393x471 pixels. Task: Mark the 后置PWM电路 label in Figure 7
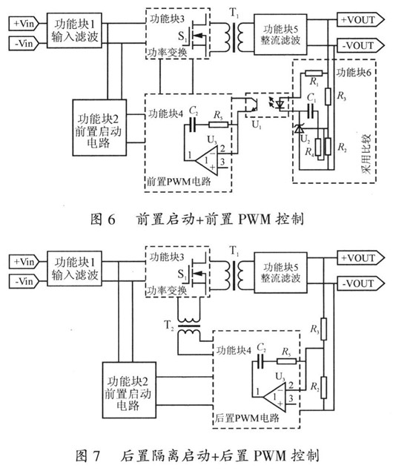point(251,418)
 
